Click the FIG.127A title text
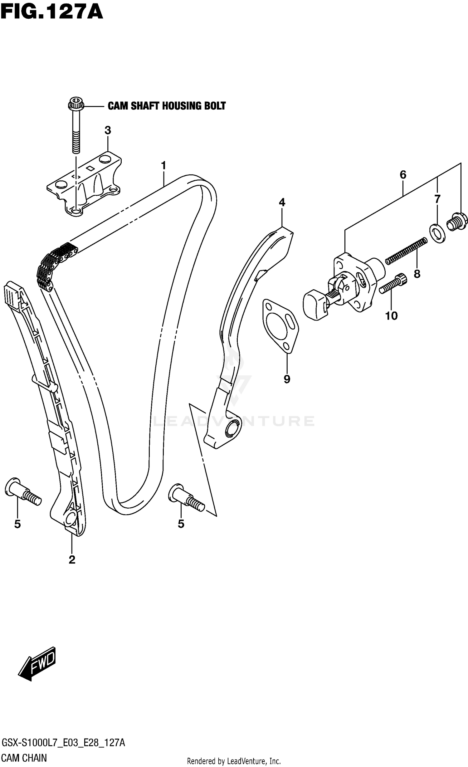51,12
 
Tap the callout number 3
108,130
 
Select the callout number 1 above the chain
163,165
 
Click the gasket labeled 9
280,326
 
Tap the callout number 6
403,175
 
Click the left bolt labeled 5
22,491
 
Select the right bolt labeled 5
186,497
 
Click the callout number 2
72,560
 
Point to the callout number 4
282,203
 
